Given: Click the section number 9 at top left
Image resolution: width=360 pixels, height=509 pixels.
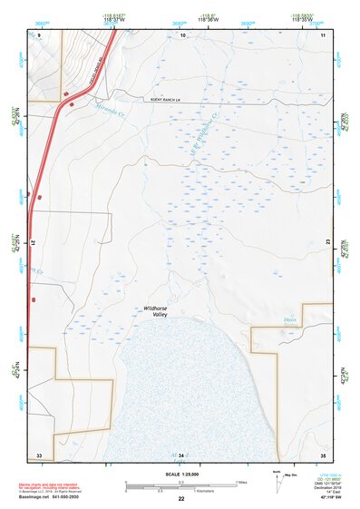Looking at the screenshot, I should click(x=39, y=34).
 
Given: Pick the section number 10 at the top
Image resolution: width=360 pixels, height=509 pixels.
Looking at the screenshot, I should click(x=182, y=34).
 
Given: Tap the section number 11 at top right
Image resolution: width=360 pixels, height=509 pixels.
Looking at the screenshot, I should click(x=323, y=34).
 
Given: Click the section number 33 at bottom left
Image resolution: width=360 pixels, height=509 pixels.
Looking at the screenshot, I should click(x=39, y=454).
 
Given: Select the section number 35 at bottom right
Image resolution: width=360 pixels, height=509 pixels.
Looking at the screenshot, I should click(x=323, y=454).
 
